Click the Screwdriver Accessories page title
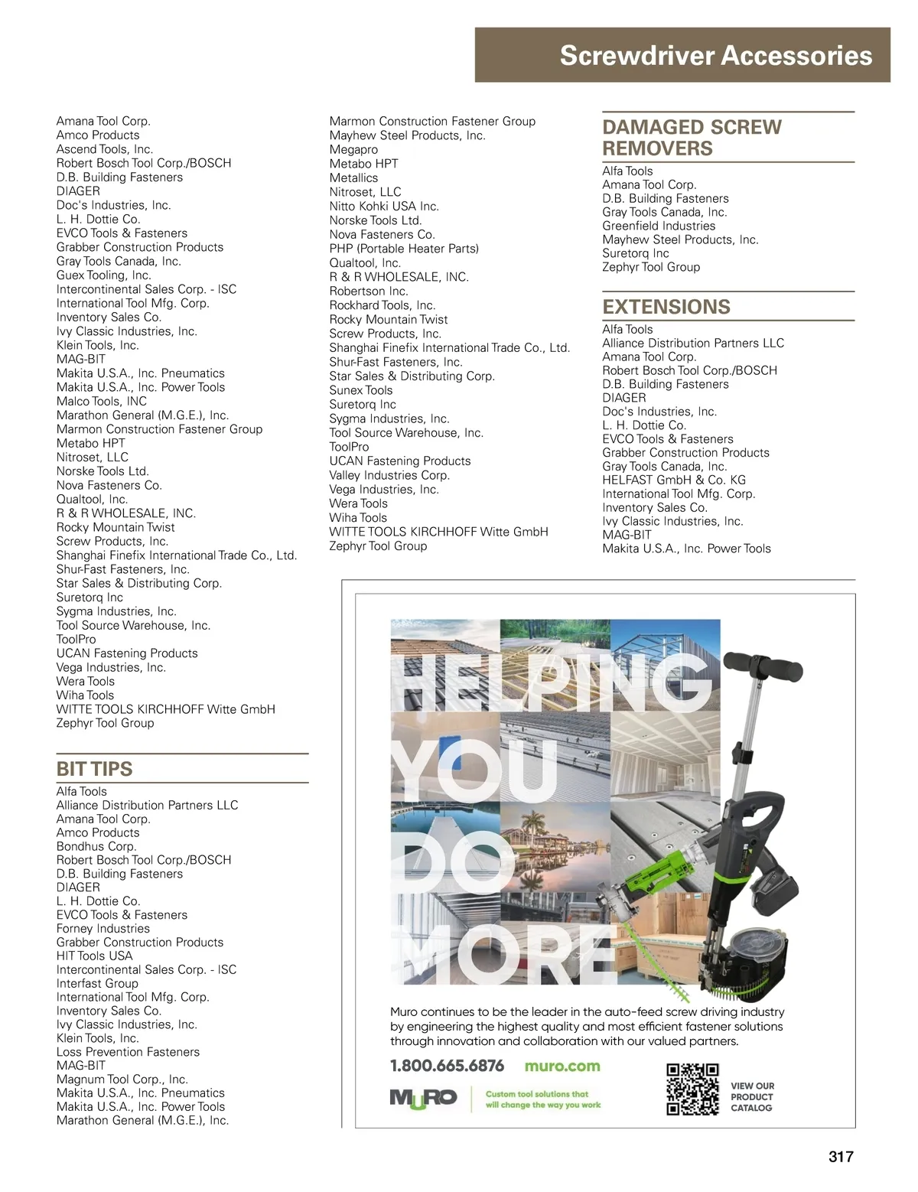click(x=715, y=56)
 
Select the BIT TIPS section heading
click(x=94, y=769)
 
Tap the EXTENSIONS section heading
click(x=666, y=307)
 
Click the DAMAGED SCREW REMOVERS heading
click(x=692, y=138)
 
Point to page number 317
click(x=840, y=1156)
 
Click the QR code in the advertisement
click(x=692, y=1089)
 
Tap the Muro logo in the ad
click(x=423, y=1098)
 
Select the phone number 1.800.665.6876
click(x=447, y=1066)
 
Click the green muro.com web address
click(x=562, y=1066)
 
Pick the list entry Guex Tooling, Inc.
click(x=103, y=275)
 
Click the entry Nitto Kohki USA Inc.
click(x=384, y=207)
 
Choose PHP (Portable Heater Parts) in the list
click(x=404, y=249)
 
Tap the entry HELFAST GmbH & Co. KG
click(x=673, y=480)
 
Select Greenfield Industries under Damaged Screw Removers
click(x=659, y=226)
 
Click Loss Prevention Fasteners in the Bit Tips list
click(x=128, y=1052)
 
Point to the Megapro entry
click(x=353, y=150)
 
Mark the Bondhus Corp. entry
click(x=96, y=846)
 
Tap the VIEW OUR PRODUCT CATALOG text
click(x=752, y=1096)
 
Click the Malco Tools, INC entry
click(x=101, y=401)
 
